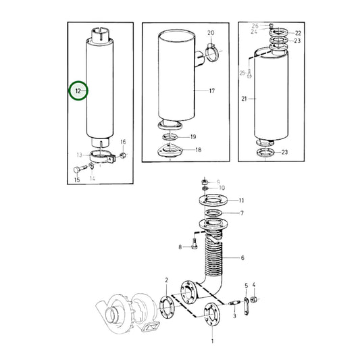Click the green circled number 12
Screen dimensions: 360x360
pos(78,90)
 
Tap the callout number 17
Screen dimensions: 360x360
pos(211,91)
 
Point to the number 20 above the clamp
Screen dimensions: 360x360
pos(211,33)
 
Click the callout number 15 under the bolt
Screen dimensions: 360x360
pos(77,180)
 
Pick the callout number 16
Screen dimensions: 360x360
pos(123,142)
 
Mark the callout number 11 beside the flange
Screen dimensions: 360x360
pos(241,200)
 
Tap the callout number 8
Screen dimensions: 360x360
pos(180,247)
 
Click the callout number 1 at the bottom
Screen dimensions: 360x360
pos(212,341)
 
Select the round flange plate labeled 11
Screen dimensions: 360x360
pos(214,201)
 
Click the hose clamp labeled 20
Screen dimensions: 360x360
pos(211,49)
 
